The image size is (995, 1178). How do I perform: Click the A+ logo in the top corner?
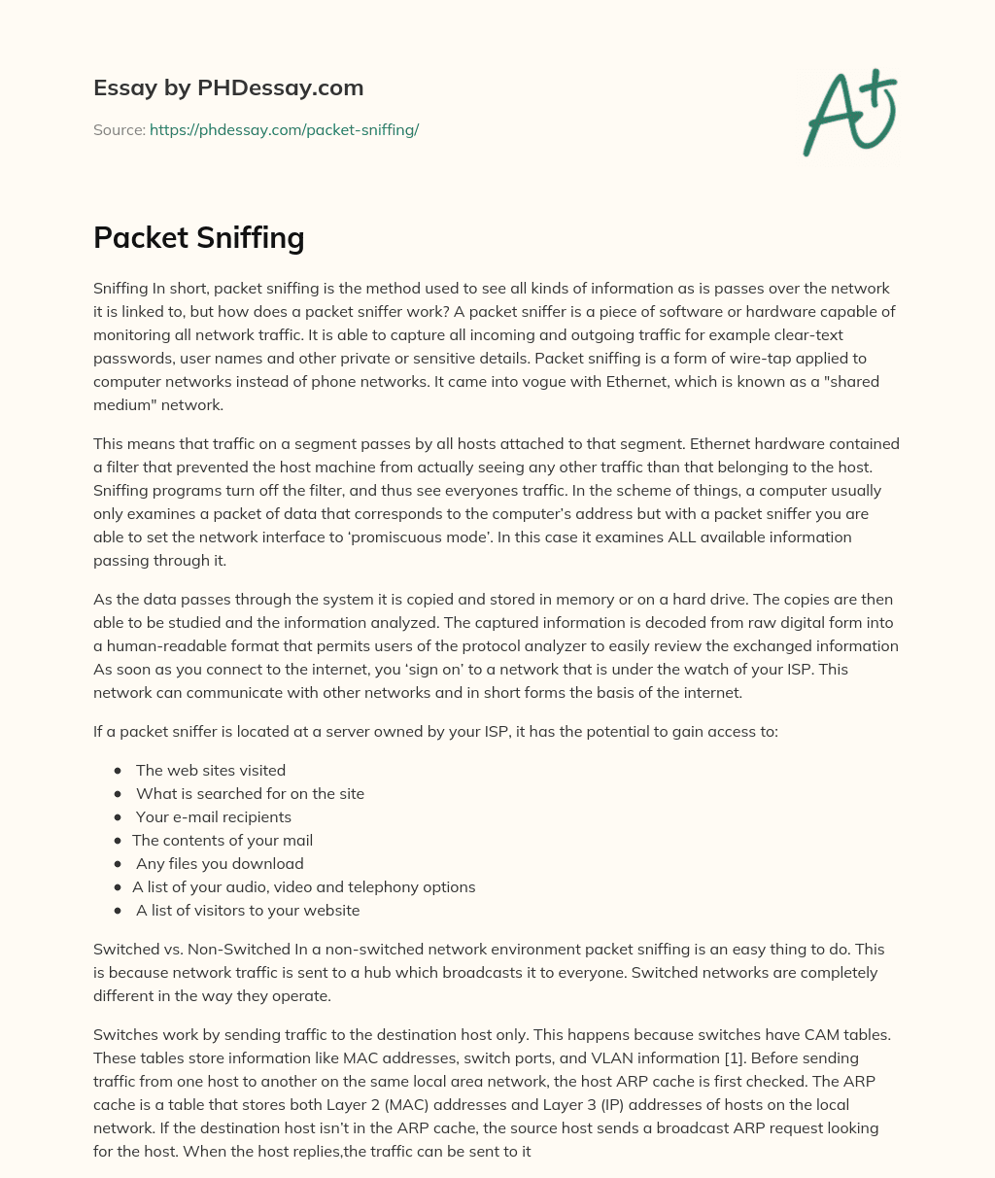849,113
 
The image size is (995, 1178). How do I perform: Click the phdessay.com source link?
284,129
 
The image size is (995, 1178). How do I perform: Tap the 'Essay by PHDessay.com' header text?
228,88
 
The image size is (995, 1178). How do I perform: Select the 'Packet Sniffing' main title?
199,237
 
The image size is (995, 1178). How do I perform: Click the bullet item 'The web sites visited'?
211,770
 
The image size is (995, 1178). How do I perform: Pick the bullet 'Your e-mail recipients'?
214,816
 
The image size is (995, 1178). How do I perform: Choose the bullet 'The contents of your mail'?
223,840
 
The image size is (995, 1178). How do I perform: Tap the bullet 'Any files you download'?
220,863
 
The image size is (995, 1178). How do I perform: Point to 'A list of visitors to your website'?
248,910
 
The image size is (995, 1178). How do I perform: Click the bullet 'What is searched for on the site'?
250,793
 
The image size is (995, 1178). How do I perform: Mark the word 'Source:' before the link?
120,129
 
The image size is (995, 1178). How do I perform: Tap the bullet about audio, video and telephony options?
304,886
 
